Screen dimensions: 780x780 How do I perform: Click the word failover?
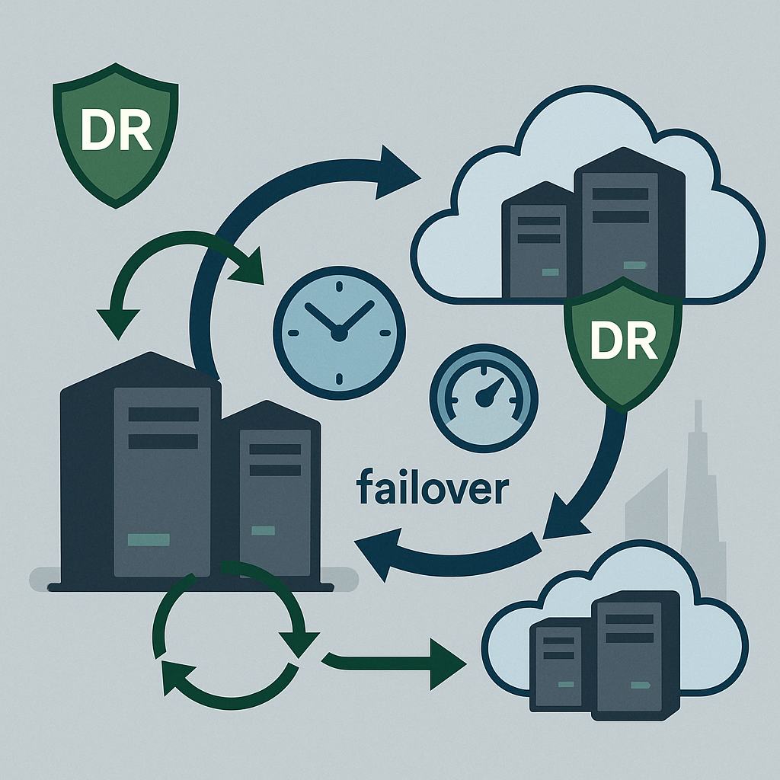pos(430,489)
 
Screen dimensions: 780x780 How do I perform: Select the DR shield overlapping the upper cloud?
pos(622,344)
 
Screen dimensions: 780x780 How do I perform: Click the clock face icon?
pos(339,332)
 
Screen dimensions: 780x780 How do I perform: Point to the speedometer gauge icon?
pos(483,397)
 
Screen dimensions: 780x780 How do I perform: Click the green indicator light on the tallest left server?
pos(149,540)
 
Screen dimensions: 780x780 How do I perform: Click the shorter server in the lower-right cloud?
pos(560,666)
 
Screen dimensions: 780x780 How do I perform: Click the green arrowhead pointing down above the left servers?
pos(117,322)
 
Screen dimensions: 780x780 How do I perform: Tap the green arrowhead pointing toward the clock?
pos(248,268)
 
